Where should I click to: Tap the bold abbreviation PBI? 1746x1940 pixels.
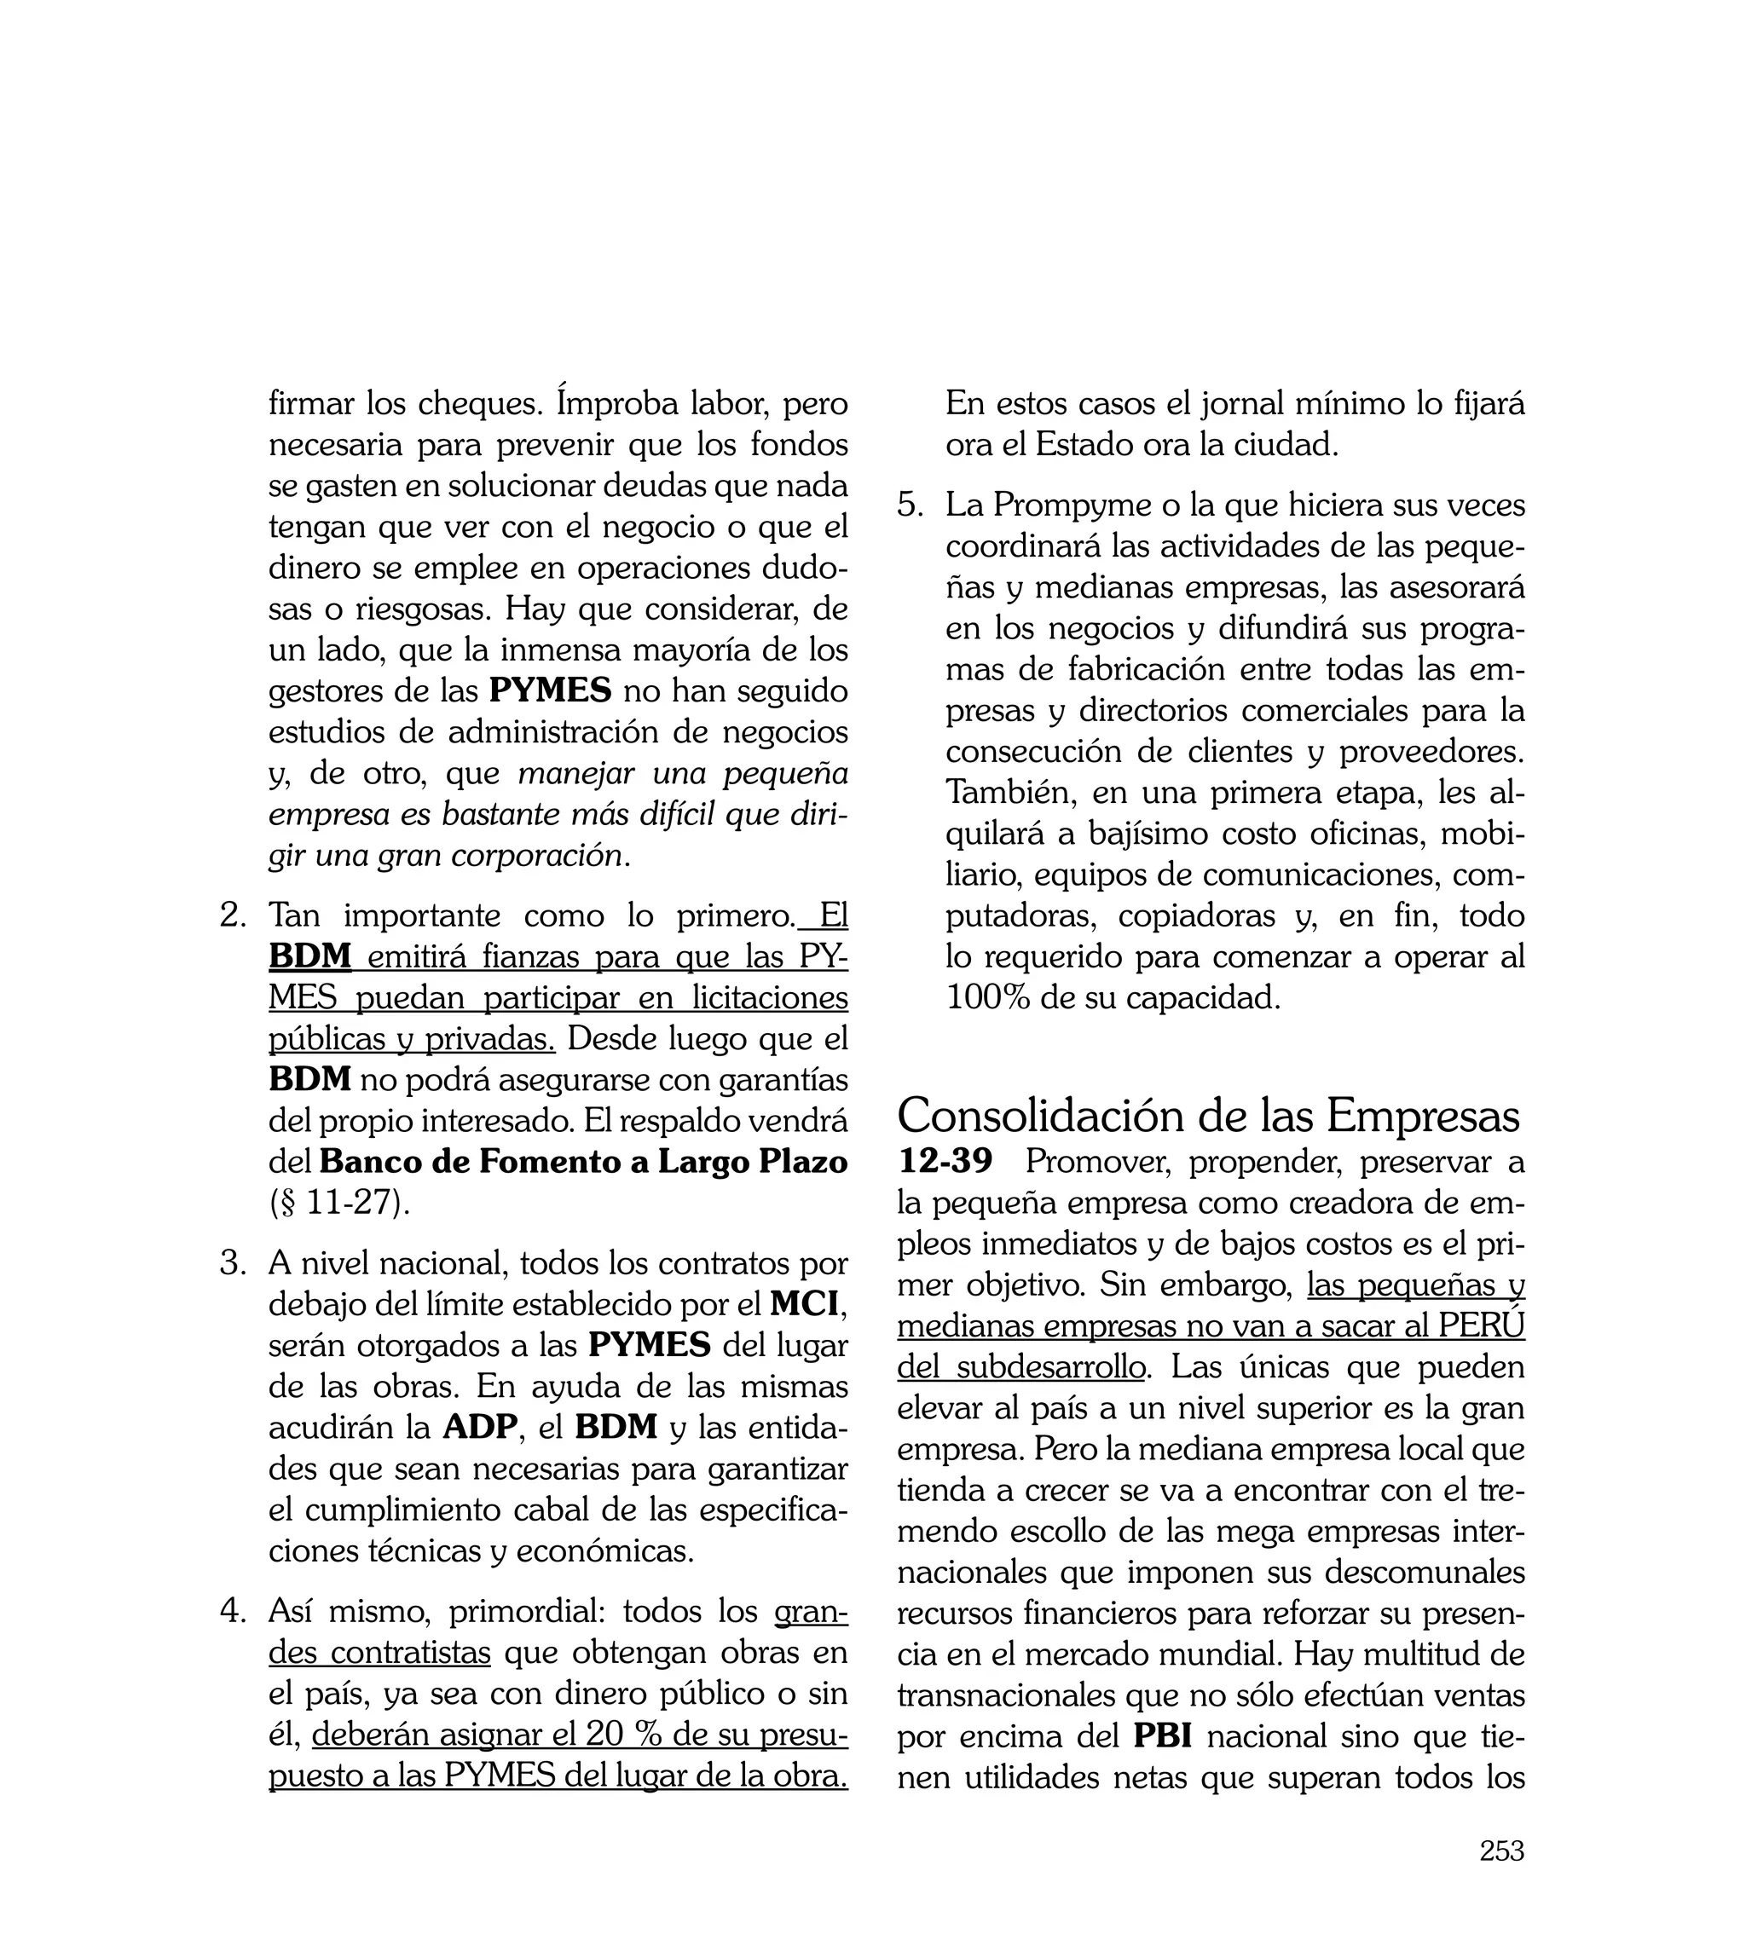[1163, 1735]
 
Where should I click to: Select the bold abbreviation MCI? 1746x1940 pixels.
[804, 1304]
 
